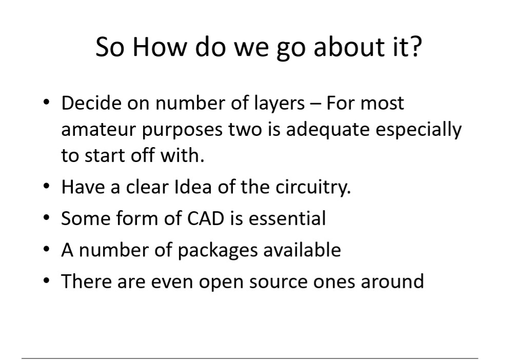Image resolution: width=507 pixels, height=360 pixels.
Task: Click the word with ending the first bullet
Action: point(182,155)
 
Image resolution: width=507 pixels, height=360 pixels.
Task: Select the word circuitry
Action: point(313,188)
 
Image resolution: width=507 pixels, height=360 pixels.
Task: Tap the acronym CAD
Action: point(206,218)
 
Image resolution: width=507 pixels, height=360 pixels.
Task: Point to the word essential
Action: point(287,218)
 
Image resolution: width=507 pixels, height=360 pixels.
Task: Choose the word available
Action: point(302,249)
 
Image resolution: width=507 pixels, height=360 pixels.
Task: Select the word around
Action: point(392,281)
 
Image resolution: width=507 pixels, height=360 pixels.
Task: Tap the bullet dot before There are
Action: point(47,281)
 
